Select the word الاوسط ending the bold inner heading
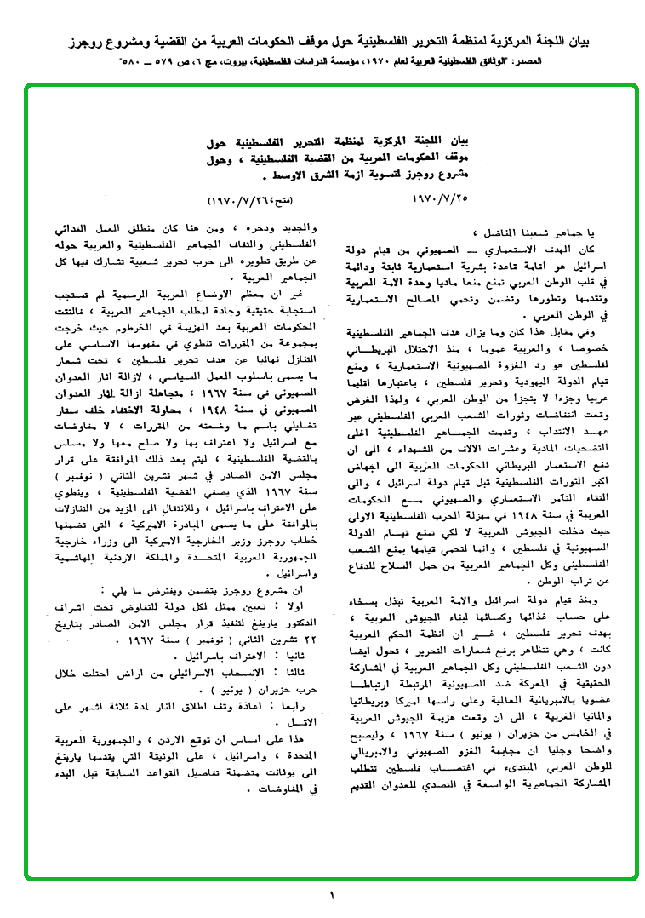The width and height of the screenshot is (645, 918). pyautogui.click(x=290, y=177)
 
